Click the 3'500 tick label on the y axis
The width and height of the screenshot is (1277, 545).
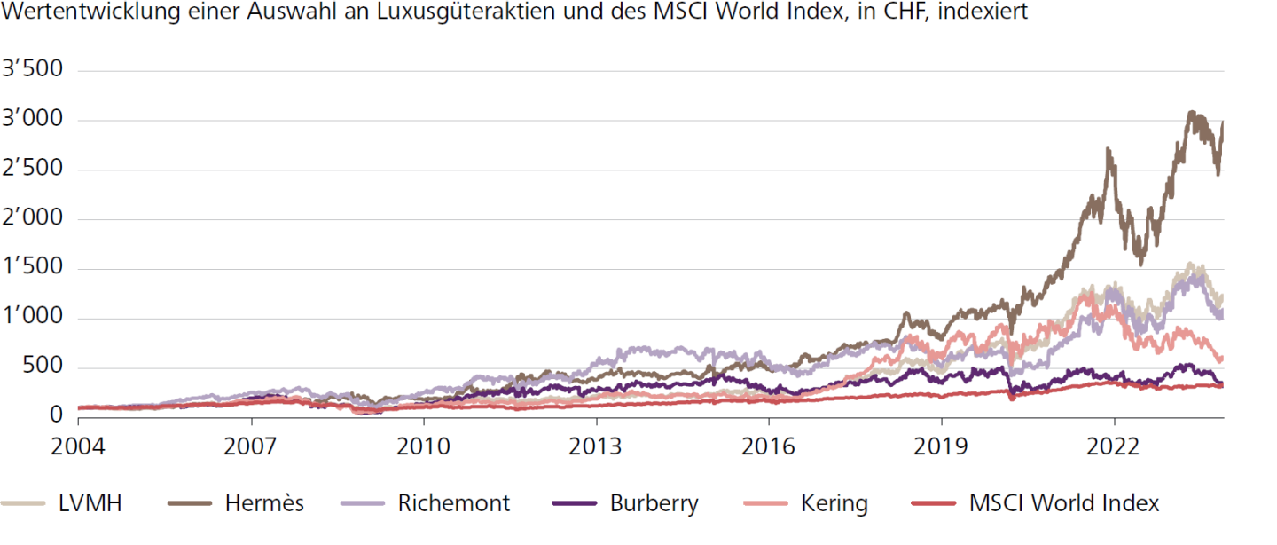(x=34, y=70)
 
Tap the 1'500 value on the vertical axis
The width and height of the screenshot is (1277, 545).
(x=34, y=268)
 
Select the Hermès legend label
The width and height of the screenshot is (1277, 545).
(x=264, y=503)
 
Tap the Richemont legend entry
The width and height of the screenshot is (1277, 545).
(x=454, y=503)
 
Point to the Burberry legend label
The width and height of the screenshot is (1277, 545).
(x=654, y=503)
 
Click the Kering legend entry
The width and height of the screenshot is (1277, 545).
(x=833, y=503)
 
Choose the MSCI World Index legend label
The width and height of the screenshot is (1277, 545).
(x=1063, y=503)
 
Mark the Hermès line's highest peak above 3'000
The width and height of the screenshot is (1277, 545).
(x=1191, y=112)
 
